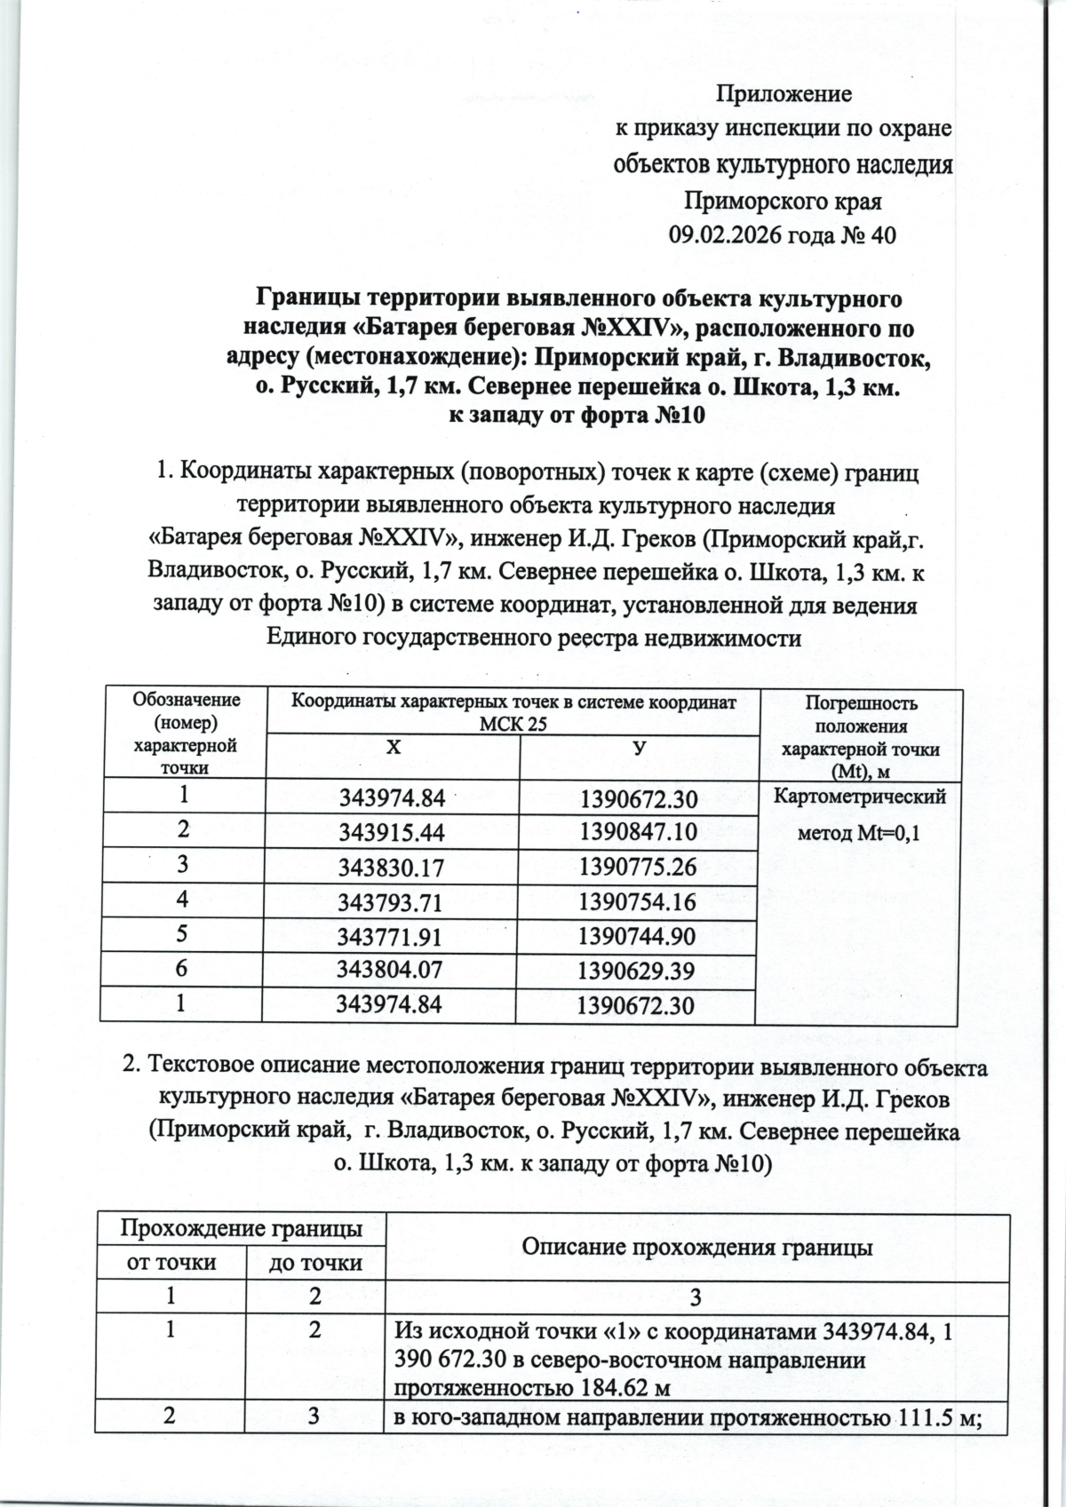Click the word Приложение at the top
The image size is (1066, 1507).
[784, 93]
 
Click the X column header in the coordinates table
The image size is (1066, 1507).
[392, 747]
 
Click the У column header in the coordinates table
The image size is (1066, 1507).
[638, 747]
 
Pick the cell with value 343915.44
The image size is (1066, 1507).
[391, 831]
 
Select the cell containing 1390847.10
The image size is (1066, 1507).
[636, 831]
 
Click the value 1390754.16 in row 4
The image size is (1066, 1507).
[636, 902]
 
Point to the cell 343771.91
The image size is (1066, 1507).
[391, 937]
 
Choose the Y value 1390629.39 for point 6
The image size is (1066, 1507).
[636, 972]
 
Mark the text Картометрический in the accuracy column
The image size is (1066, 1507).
[860, 797]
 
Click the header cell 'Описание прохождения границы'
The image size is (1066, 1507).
[696, 1247]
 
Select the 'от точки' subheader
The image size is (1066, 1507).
[171, 1262]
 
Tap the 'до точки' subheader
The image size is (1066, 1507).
[315, 1262]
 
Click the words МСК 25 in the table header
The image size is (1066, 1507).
[513, 724]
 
